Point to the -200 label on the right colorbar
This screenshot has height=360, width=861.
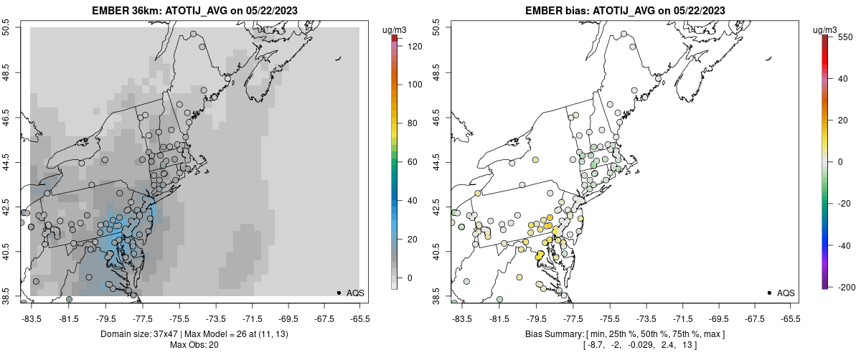pyautogui.click(x=847, y=287)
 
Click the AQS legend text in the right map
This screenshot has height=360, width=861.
pyautogui.click(x=786, y=293)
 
